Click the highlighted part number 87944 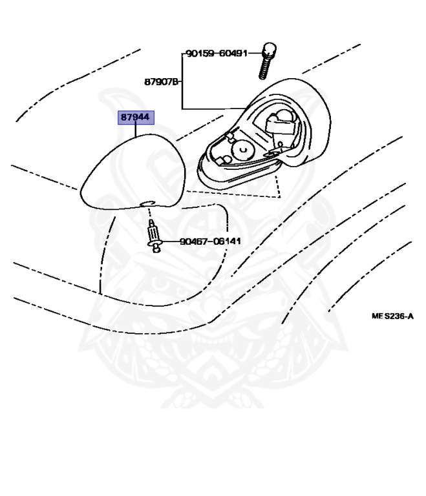point(136,118)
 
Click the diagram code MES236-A point(392,316)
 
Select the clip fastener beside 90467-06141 point(154,238)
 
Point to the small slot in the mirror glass point(147,204)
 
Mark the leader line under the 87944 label point(136,130)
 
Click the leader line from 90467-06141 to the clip point(170,243)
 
